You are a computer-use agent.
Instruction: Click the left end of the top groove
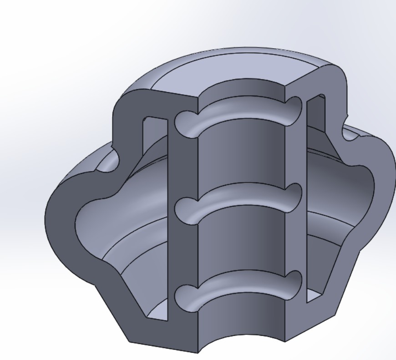click(183, 121)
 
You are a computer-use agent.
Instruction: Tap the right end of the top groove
click(295, 108)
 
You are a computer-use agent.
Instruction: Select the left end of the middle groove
click(183, 210)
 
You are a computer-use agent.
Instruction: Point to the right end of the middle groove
click(295, 195)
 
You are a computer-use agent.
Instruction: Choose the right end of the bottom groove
click(295, 281)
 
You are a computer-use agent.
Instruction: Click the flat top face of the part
click(237, 68)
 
